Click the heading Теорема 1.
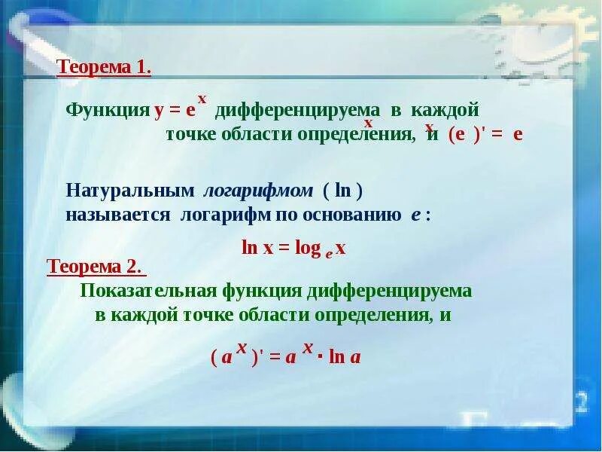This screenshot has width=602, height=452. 104,68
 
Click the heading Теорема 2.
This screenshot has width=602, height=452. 96,266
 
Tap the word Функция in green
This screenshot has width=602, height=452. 108,111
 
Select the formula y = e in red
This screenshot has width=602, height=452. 175,111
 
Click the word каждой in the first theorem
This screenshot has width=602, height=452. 445,110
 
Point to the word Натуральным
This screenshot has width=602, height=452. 130,191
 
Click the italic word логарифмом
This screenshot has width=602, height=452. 258,191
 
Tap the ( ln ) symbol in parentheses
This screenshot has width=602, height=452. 343,191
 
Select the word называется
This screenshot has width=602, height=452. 118,215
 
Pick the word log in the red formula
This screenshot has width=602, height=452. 308,249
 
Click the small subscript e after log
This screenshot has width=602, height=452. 329,254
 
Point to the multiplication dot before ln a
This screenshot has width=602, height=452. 320,358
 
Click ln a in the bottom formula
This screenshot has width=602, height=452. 345,357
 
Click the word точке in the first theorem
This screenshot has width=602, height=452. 191,135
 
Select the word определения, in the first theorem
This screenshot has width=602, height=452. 356,136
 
